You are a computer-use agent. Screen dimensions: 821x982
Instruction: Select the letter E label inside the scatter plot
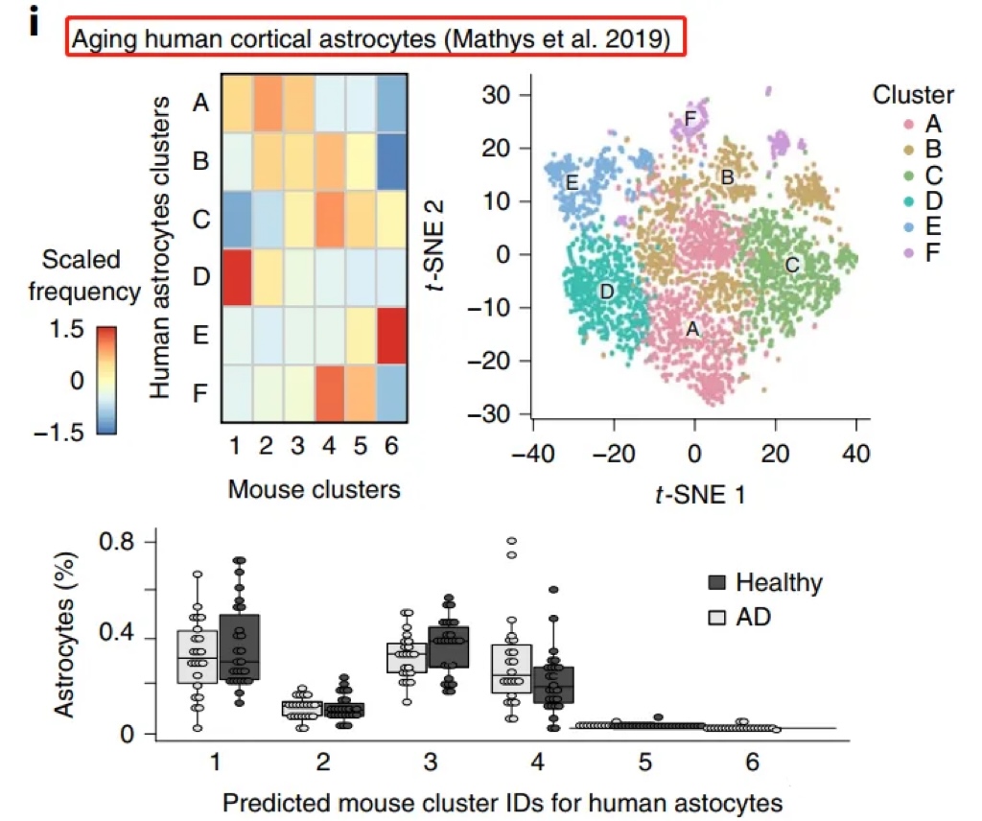pyautogui.click(x=572, y=181)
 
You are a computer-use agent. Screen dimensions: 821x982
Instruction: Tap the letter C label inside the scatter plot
pyautogui.click(x=791, y=265)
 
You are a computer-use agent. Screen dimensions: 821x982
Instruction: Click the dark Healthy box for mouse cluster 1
pyautogui.click(x=246, y=646)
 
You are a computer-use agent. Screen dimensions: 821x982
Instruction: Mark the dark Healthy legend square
pyautogui.click(x=717, y=582)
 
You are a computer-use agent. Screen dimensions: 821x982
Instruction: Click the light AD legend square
pyautogui.click(x=717, y=617)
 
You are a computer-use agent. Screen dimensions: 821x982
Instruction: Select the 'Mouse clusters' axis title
pyautogui.click(x=314, y=490)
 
